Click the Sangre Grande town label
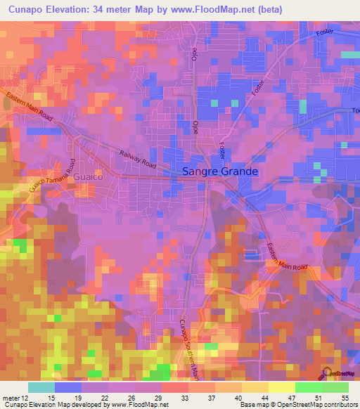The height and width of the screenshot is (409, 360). tap(220, 171)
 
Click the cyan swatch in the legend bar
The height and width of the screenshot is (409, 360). tap(41, 387)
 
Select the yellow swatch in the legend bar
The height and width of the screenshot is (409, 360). tap(281, 387)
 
